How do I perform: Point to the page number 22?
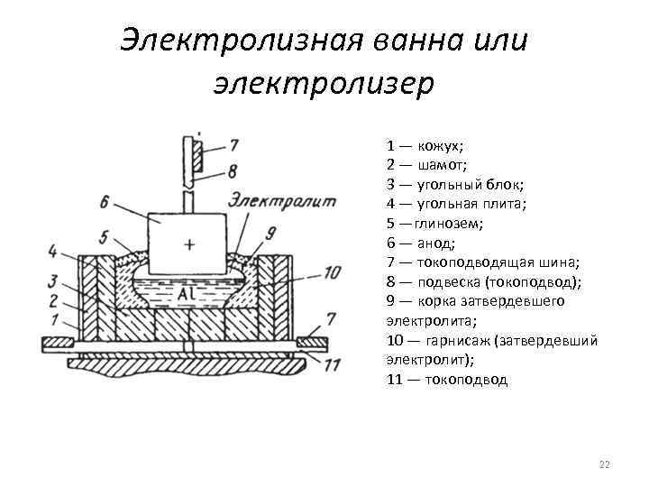pos(604,464)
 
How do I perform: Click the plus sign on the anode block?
pos(188,243)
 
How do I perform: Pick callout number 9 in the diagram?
pos(271,234)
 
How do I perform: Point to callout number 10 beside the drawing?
pos(331,271)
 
